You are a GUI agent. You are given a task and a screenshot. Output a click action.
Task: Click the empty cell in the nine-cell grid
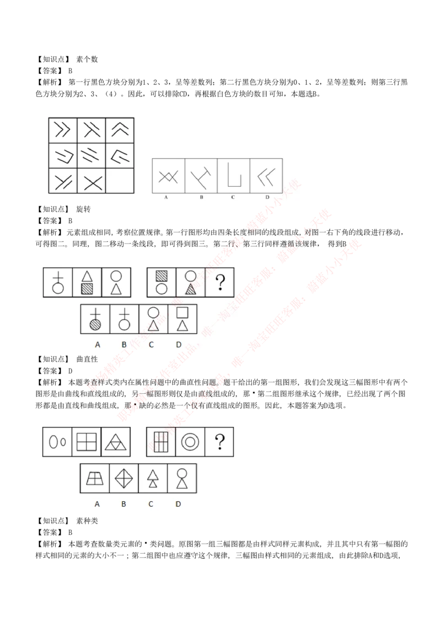pos(120,181)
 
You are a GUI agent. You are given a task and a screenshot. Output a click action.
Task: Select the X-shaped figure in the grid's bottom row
pos(92,181)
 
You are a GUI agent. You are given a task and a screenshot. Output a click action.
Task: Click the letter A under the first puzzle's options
pos(165,197)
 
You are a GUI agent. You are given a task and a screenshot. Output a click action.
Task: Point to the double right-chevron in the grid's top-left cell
pos(63,130)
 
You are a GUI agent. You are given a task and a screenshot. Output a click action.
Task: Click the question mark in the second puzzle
pos(220,282)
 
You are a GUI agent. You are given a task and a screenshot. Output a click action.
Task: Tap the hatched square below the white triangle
pos(87,288)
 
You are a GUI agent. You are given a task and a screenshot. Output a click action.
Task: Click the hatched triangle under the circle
pos(191,288)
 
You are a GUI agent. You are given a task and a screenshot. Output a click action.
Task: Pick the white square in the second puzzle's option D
pos(182,312)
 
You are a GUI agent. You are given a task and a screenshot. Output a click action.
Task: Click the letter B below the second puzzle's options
pos(124,345)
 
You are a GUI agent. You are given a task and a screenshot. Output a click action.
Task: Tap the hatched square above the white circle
pos(162,275)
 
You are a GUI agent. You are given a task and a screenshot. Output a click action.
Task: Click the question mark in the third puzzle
pos(219,442)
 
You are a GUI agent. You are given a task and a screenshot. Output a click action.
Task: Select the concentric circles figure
pos(190,442)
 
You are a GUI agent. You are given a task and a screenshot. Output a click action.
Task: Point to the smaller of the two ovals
pos(63,442)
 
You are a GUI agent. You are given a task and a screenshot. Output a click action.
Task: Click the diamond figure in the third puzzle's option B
pos(124,478)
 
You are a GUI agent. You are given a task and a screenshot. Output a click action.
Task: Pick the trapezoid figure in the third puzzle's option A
pos(95,478)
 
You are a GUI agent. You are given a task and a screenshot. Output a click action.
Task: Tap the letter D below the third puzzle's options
pos(178,503)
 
